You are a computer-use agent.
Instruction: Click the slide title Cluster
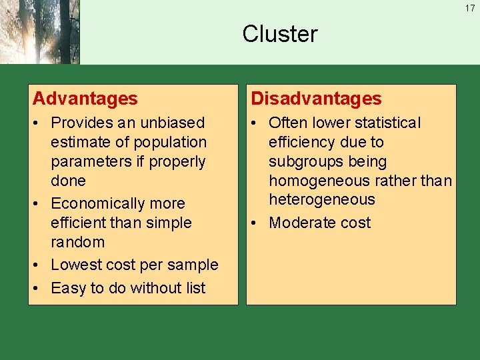point(280,34)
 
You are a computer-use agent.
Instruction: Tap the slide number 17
point(470,9)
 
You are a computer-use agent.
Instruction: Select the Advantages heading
point(85,99)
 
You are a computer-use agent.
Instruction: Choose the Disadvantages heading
point(316,99)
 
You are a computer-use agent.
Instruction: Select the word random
point(77,242)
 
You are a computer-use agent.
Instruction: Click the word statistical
point(387,123)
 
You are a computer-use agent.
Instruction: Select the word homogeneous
point(319,181)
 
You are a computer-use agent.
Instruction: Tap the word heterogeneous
point(322,199)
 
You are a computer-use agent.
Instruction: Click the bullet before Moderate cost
point(256,223)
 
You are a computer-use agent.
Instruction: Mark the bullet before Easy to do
point(38,289)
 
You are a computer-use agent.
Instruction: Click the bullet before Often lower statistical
point(256,123)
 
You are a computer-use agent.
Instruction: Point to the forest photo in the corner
point(39,32)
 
